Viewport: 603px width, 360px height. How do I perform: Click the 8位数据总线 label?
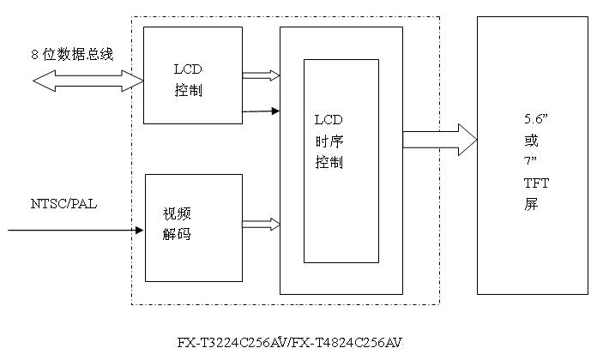[x=71, y=55]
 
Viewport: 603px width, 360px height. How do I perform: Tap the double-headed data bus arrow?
[x=88, y=81]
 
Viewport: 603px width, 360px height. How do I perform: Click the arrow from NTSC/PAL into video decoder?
[x=75, y=230]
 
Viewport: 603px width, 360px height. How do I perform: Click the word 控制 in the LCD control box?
[x=188, y=90]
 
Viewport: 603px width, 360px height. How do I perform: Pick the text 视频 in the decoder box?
[x=177, y=213]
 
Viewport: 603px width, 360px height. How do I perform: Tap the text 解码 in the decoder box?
[x=177, y=234]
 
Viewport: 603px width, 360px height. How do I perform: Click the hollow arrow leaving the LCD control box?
[x=261, y=75]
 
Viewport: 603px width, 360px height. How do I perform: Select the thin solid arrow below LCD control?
[x=261, y=111]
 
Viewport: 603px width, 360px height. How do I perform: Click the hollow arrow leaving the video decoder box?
[x=261, y=225]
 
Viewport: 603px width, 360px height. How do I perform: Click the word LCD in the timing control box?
[x=329, y=121]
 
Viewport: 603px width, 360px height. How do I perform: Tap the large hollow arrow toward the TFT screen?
[x=439, y=140]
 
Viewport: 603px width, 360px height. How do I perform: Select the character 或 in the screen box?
[x=531, y=140]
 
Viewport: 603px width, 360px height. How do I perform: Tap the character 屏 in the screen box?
[x=531, y=204]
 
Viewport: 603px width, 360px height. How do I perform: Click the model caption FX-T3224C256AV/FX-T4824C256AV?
[x=289, y=343]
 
